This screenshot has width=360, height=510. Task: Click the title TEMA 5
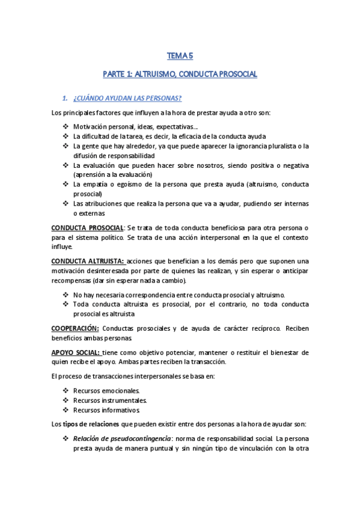point(180,57)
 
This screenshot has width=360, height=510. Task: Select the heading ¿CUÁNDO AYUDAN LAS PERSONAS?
point(127,98)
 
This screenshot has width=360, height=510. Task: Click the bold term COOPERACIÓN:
point(75,328)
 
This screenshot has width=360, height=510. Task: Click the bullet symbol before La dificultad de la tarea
point(65,137)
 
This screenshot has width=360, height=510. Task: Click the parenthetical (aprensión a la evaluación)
point(120,174)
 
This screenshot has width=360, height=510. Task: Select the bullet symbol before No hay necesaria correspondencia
point(65,295)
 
